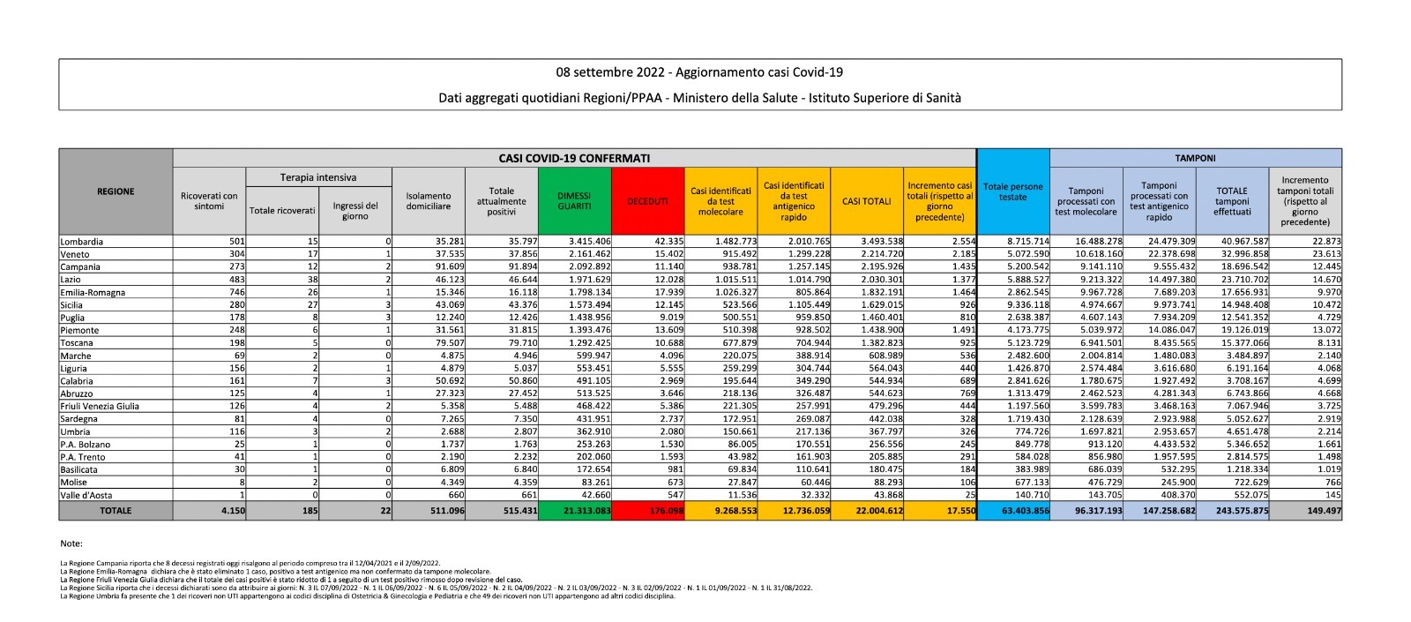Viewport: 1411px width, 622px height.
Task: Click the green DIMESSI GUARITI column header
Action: coord(574,201)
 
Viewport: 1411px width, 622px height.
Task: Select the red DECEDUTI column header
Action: coord(647,201)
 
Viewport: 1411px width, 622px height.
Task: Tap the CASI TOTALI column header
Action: coord(866,201)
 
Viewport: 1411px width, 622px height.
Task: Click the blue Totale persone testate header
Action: coord(1012,192)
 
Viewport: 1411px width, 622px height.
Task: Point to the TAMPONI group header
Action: coord(1195,158)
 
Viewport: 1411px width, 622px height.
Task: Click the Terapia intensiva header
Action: coord(318,177)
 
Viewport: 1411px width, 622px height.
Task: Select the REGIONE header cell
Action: coord(116,191)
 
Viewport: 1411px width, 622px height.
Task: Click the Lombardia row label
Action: coord(82,242)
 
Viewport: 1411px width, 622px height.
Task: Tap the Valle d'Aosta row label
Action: coord(86,495)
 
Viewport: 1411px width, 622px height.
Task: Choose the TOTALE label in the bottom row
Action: coord(116,511)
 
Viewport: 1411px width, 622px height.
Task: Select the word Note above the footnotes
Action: coord(71,543)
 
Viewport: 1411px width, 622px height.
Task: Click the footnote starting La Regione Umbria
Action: coord(366,596)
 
